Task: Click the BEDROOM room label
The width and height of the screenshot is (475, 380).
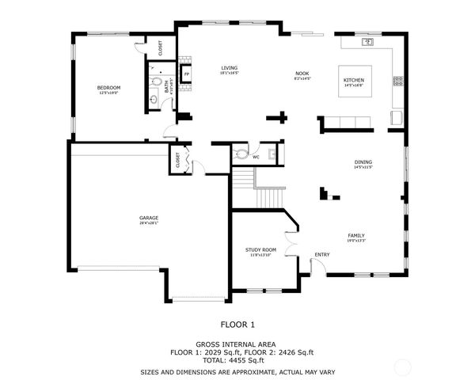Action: (109, 87)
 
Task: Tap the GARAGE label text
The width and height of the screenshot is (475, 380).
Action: (149, 218)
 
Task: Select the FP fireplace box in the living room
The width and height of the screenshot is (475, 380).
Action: (187, 75)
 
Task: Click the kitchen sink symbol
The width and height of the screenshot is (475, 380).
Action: (368, 41)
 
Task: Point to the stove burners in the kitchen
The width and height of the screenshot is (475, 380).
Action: (397, 80)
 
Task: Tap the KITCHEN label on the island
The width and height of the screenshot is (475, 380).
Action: (353, 81)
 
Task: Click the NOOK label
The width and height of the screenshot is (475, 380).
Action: (302, 74)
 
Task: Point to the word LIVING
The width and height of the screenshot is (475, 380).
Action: (230, 68)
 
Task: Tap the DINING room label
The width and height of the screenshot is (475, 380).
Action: (363, 163)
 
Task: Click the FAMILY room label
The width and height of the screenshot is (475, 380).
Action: (358, 235)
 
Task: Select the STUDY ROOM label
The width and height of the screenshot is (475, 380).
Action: (260, 249)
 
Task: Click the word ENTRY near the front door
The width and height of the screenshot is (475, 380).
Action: (321, 254)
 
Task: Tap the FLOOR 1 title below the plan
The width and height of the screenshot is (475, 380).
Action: (237, 324)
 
